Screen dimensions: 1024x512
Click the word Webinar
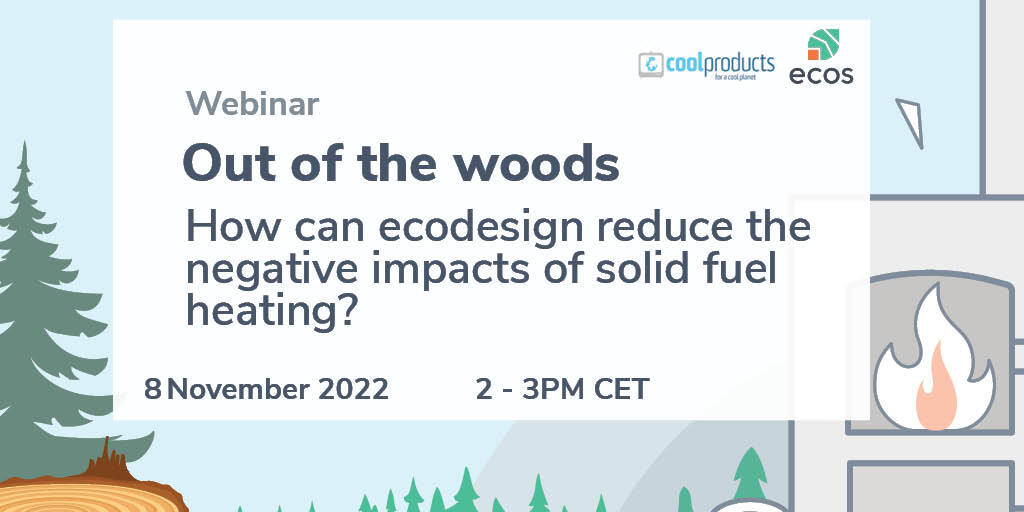(x=252, y=103)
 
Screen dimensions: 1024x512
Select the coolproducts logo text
(x=720, y=65)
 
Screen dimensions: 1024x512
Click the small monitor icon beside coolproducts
(x=650, y=65)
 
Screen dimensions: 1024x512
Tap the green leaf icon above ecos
(x=823, y=44)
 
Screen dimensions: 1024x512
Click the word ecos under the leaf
(x=821, y=75)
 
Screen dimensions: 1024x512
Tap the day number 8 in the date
(x=152, y=389)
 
